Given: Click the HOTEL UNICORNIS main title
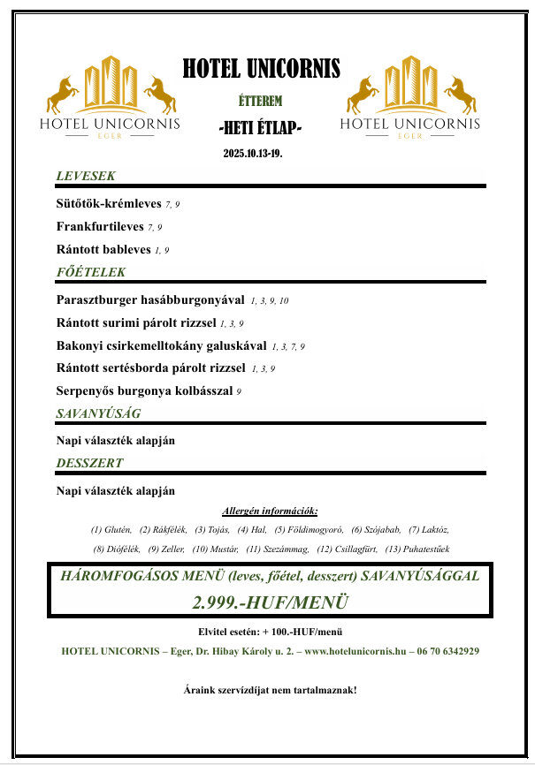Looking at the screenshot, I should point(261,69).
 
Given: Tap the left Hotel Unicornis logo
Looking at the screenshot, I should point(110,97).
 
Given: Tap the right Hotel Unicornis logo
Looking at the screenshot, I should point(409,97).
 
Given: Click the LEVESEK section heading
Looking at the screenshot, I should point(86,176).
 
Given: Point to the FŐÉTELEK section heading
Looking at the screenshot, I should point(90,272).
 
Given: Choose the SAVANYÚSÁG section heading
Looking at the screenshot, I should point(98,413).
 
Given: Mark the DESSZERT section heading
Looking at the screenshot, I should point(89,462).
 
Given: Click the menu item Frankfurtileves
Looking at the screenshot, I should point(101,227).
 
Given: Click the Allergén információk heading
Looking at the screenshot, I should point(270,511).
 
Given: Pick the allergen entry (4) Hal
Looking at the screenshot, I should point(252,530).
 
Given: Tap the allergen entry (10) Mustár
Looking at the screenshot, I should point(214,549).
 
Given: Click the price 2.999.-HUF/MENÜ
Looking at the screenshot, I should point(270,602).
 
